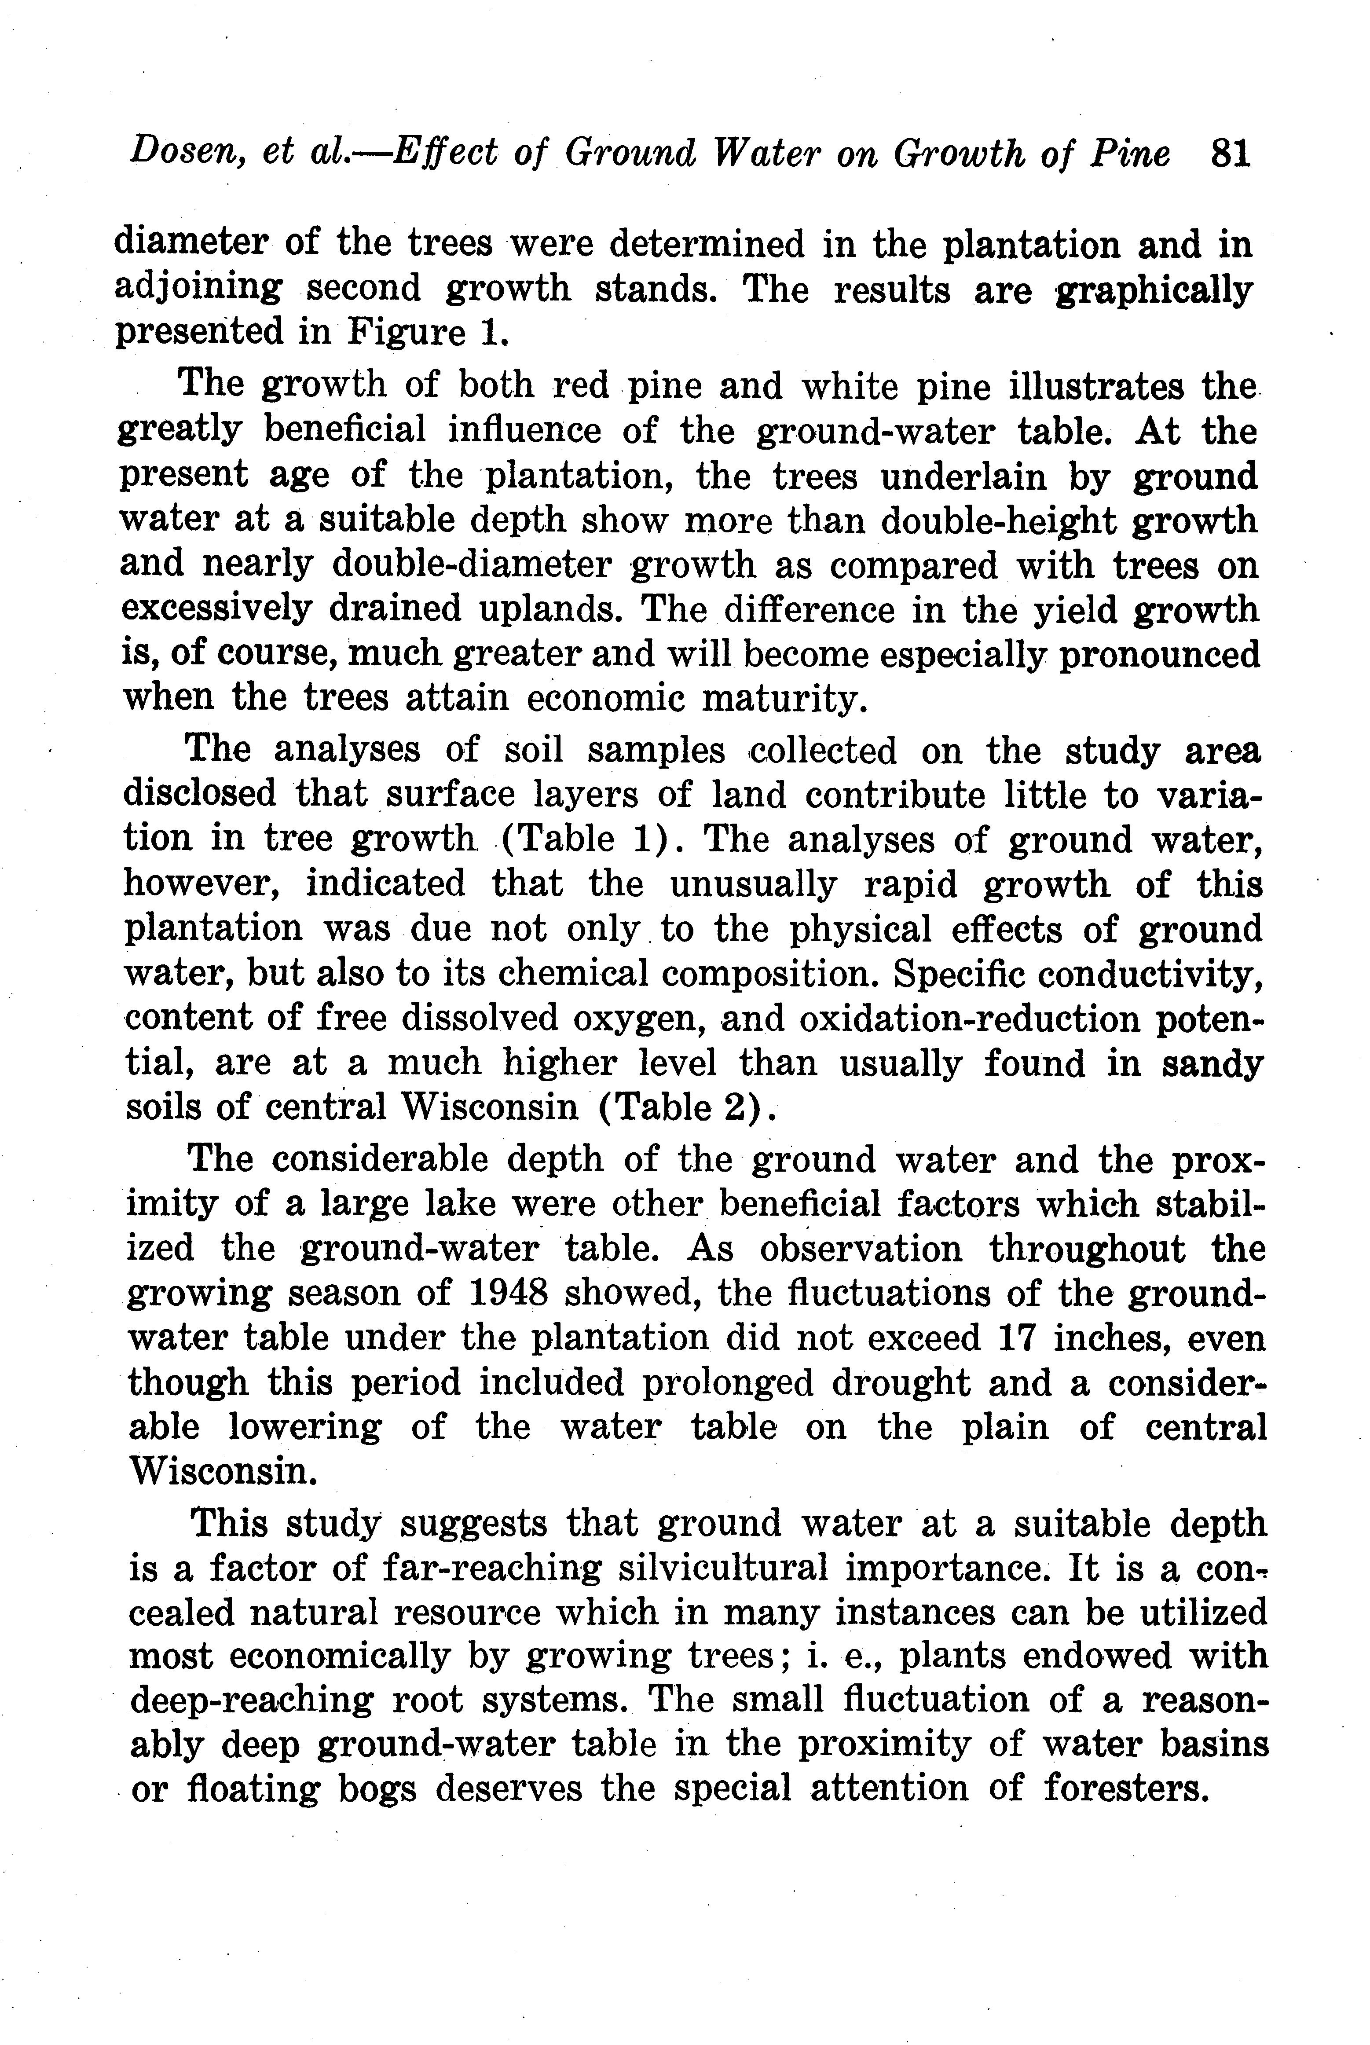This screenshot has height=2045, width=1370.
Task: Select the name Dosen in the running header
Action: [179, 154]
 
